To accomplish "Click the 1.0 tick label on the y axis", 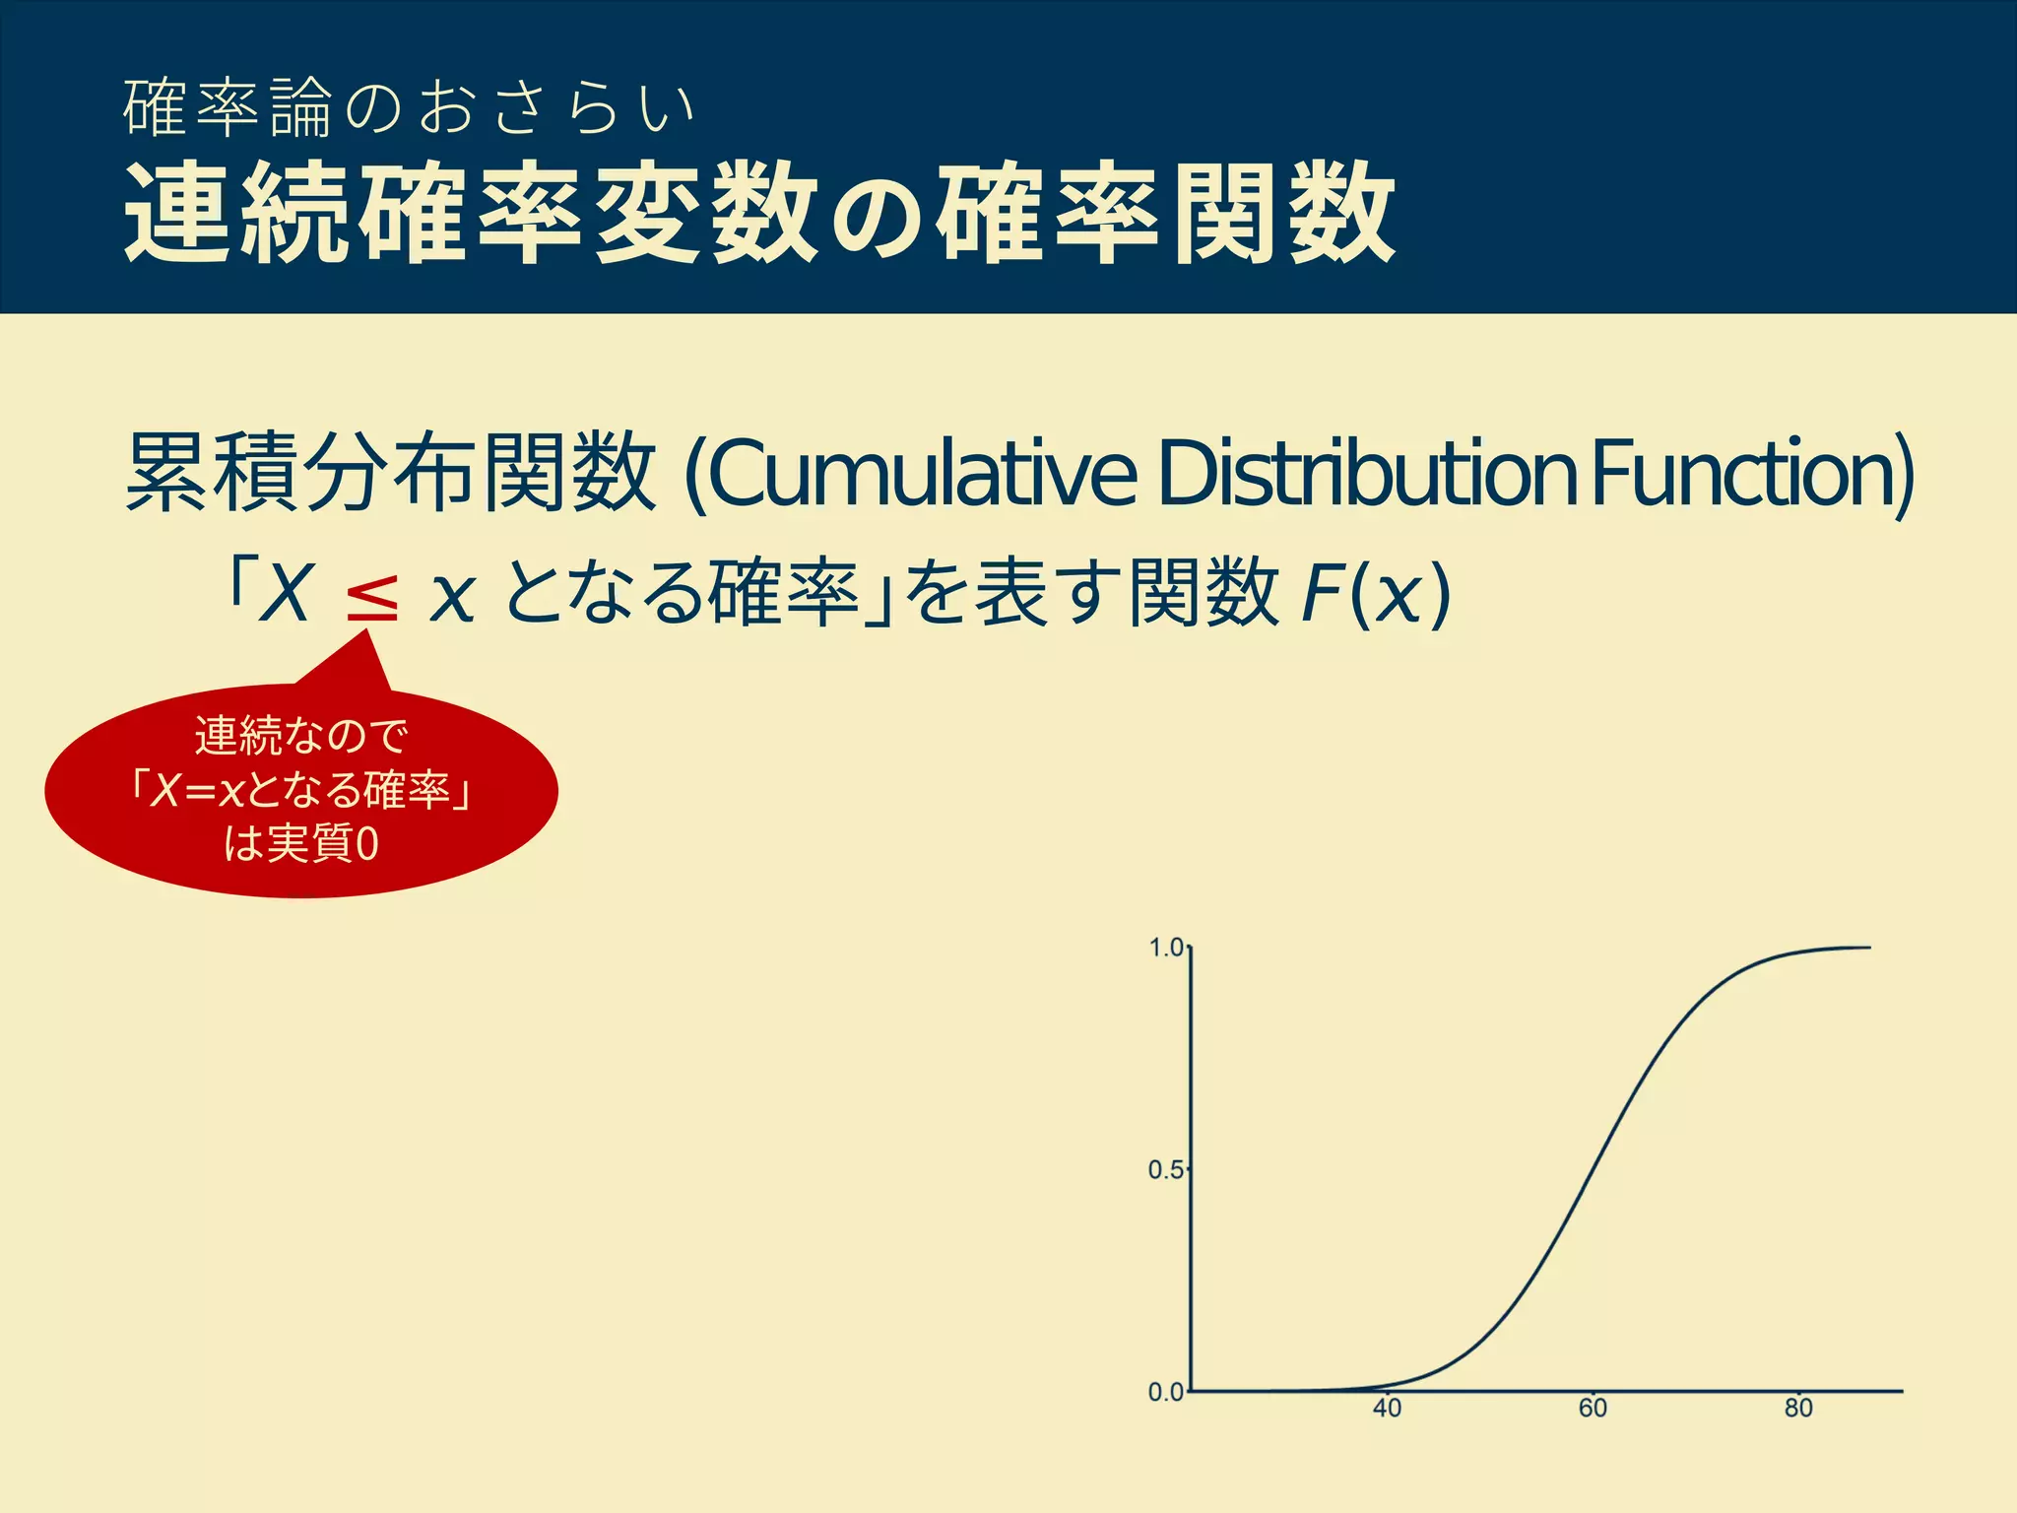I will tap(1166, 948).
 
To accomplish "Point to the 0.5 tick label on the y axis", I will tap(1166, 1170).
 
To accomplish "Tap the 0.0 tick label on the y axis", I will tap(1166, 1392).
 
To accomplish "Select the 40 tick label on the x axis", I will tap(1387, 1409).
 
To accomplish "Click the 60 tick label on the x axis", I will tap(1593, 1409).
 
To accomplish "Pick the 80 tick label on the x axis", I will tap(1798, 1409).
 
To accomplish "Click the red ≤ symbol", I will tap(372, 596).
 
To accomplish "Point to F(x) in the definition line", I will tap(1375, 594).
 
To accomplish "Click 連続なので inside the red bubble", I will tap(301, 736).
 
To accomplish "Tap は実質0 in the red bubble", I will tap(301, 843).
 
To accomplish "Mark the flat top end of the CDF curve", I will tap(1867, 948).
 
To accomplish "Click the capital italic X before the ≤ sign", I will tap(286, 594).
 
